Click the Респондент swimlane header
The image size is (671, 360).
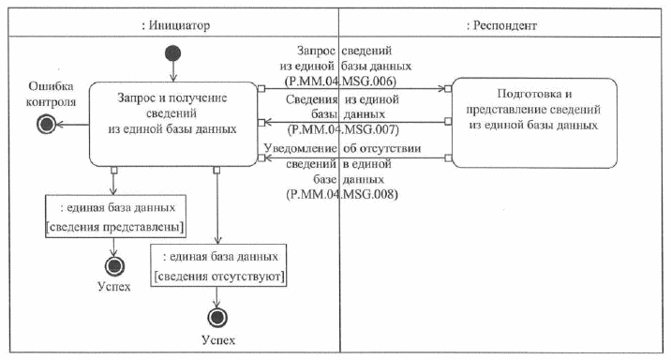(501, 25)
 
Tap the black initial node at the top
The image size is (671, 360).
(172, 52)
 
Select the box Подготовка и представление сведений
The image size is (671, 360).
(533, 110)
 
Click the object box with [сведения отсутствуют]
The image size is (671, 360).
(219, 267)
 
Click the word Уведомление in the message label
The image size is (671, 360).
(302, 148)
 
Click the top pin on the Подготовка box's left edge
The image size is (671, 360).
(449, 90)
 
